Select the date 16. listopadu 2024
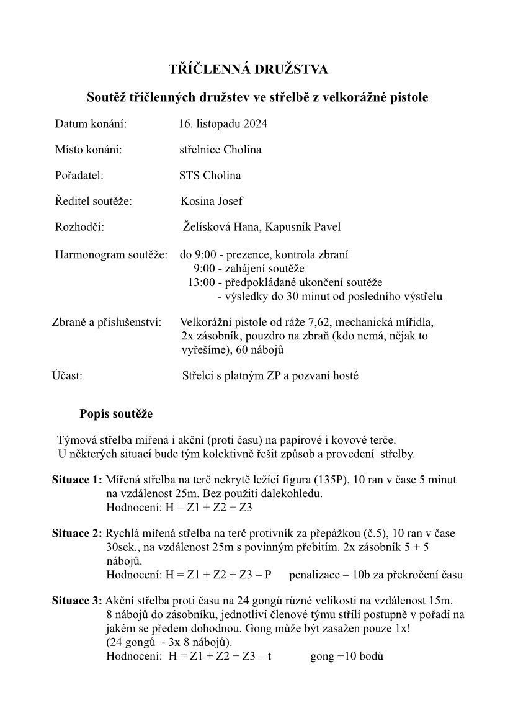click(x=223, y=124)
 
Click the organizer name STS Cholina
click(x=210, y=175)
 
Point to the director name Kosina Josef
click(x=212, y=201)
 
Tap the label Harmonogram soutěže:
click(x=111, y=254)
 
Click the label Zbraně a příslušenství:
click(x=106, y=323)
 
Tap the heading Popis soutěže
click(x=115, y=414)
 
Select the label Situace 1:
click(x=77, y=480)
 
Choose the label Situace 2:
click(x=77, y=533)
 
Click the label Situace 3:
click(x=77, y=601)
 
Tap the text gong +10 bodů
click(x=347, y=655)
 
